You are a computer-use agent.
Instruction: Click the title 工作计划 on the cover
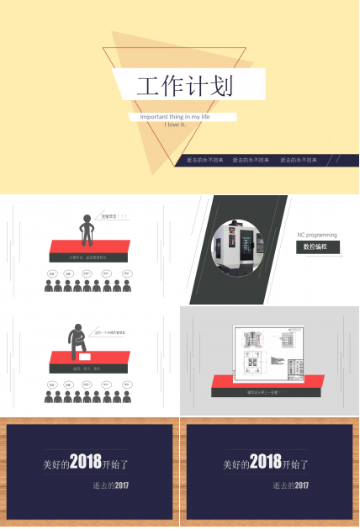(184, 86)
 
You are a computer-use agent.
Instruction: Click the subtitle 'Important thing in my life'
(174, 116)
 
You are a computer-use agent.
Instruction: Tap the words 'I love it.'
(175, 125)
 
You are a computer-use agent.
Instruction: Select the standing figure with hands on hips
(86, 227)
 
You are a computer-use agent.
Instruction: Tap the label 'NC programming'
(317, 235)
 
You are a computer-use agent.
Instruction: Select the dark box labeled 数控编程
(317, 247)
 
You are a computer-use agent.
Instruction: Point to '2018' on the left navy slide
(85, 462)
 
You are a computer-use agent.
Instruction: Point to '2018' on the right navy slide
(265, 462)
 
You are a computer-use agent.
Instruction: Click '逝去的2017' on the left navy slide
(110, 485)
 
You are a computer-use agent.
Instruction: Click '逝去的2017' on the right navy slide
(290, 485)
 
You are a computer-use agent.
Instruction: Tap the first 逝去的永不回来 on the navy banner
(204, 159)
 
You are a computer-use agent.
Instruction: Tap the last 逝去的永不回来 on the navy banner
(298, 159)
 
